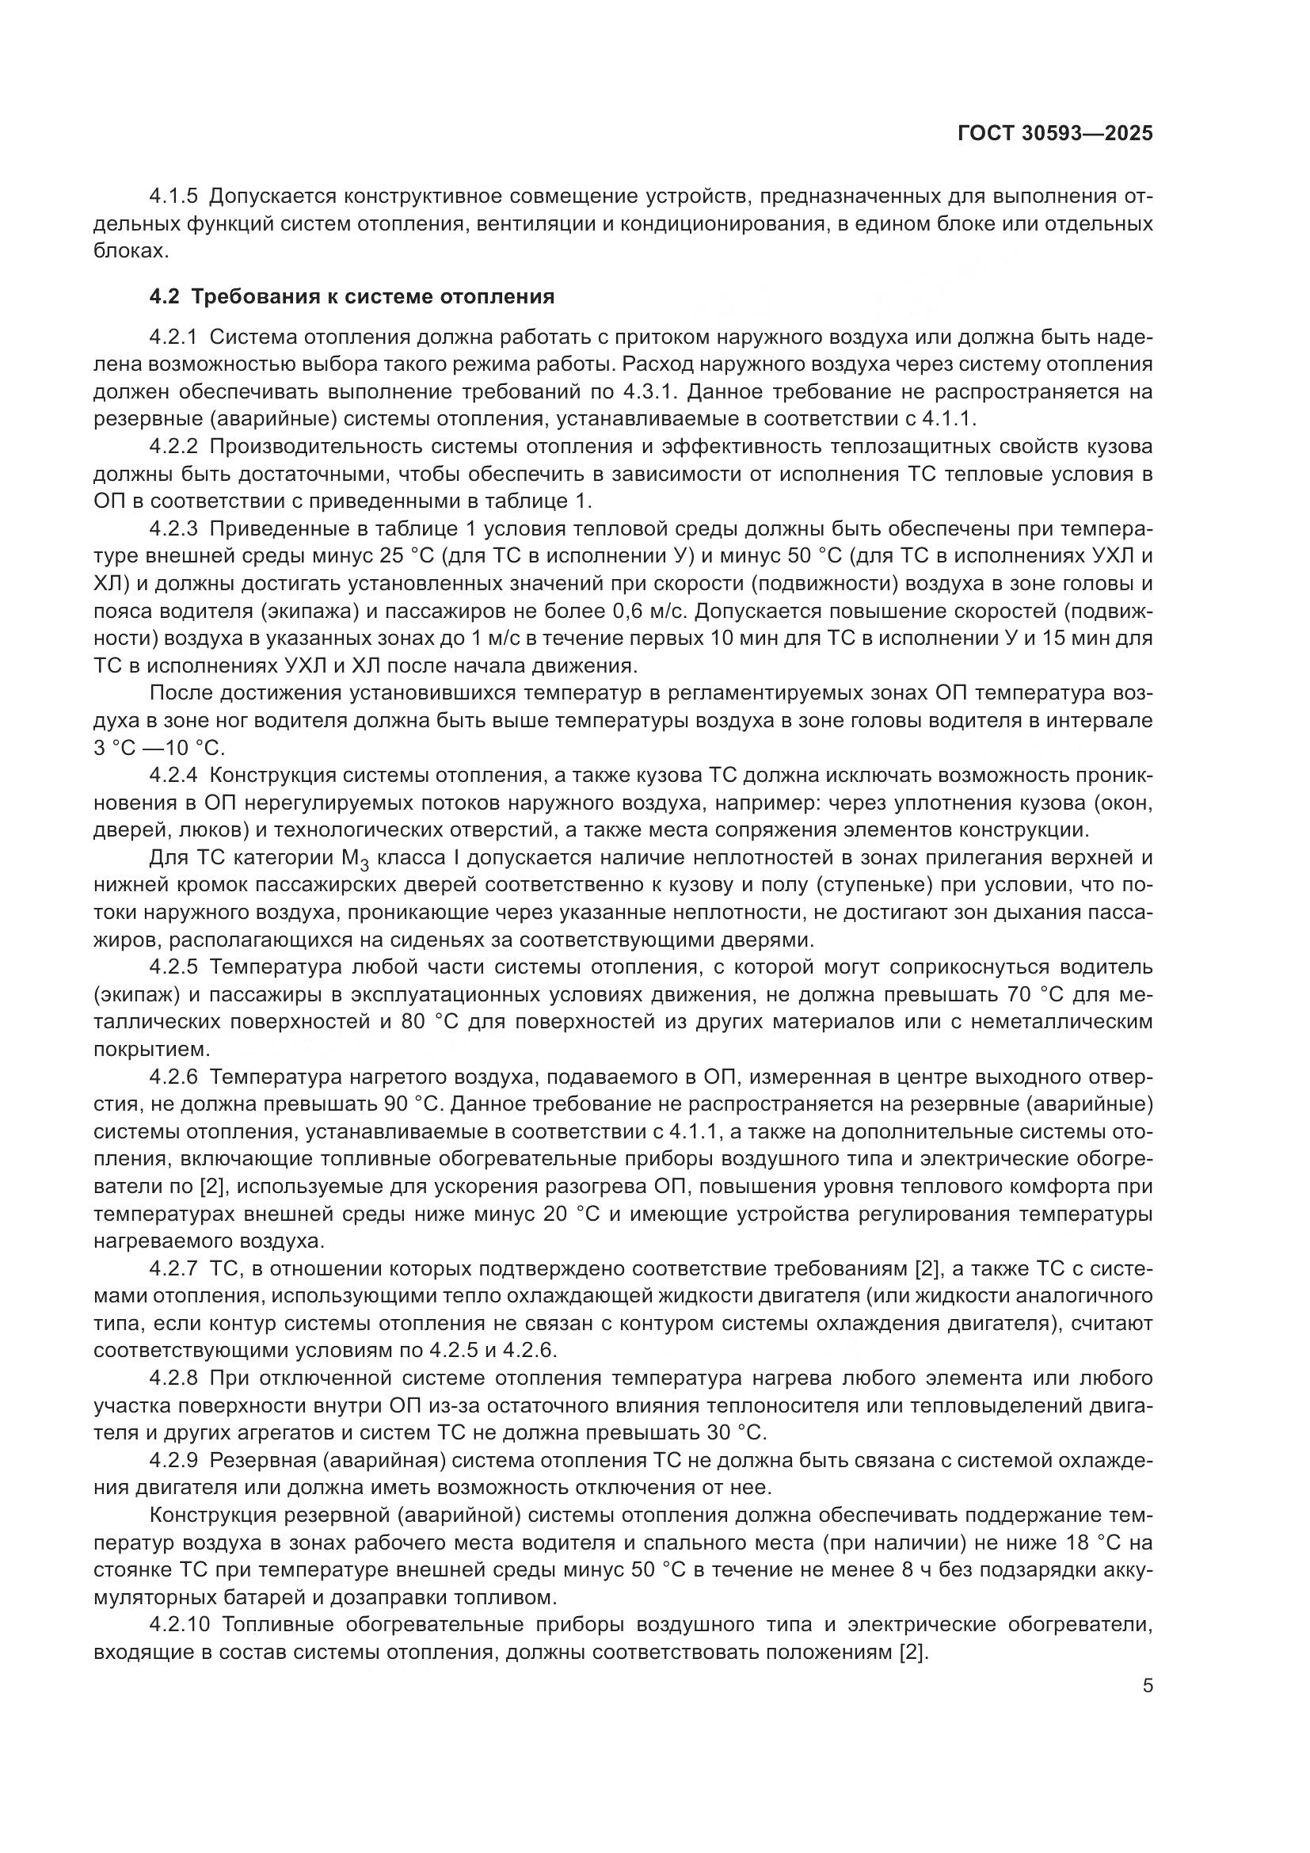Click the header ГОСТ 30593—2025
1055,133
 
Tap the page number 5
1147,1686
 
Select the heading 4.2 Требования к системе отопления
352,296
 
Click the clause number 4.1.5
173,196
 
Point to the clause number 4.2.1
173,337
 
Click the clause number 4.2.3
173,528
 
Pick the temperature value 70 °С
1039,993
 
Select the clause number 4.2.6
173,1076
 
